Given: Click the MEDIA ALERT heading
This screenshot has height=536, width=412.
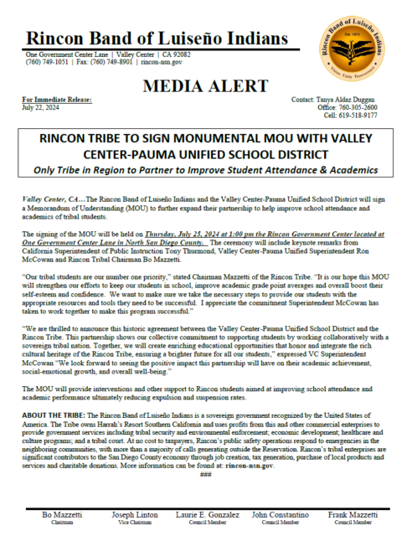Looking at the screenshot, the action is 206,87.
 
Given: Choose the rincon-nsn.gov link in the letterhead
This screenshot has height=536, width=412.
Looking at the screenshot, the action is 163,61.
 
